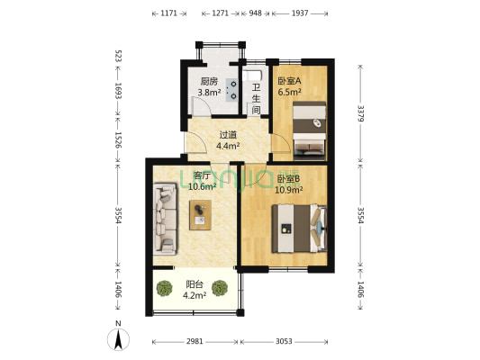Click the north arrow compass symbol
point(118,339)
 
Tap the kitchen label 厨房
point(209,82)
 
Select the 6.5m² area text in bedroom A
point(289,92)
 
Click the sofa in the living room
point(165,219)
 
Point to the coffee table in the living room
point(200,215)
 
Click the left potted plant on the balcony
point(165,288)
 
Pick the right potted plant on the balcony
point(220,288)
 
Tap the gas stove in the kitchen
point(231,90)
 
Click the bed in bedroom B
point(299,229)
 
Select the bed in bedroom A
point(309,130)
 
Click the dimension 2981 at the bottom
point(195,341)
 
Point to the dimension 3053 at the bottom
point(284,341)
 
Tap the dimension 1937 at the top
point(300,13)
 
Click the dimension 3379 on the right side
point(361,113)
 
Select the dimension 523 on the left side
point(118,56)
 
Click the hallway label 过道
point(228,135)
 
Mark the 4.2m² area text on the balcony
point(195,295)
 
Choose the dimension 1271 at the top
point(220,13)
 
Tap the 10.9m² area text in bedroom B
point(289,190)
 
